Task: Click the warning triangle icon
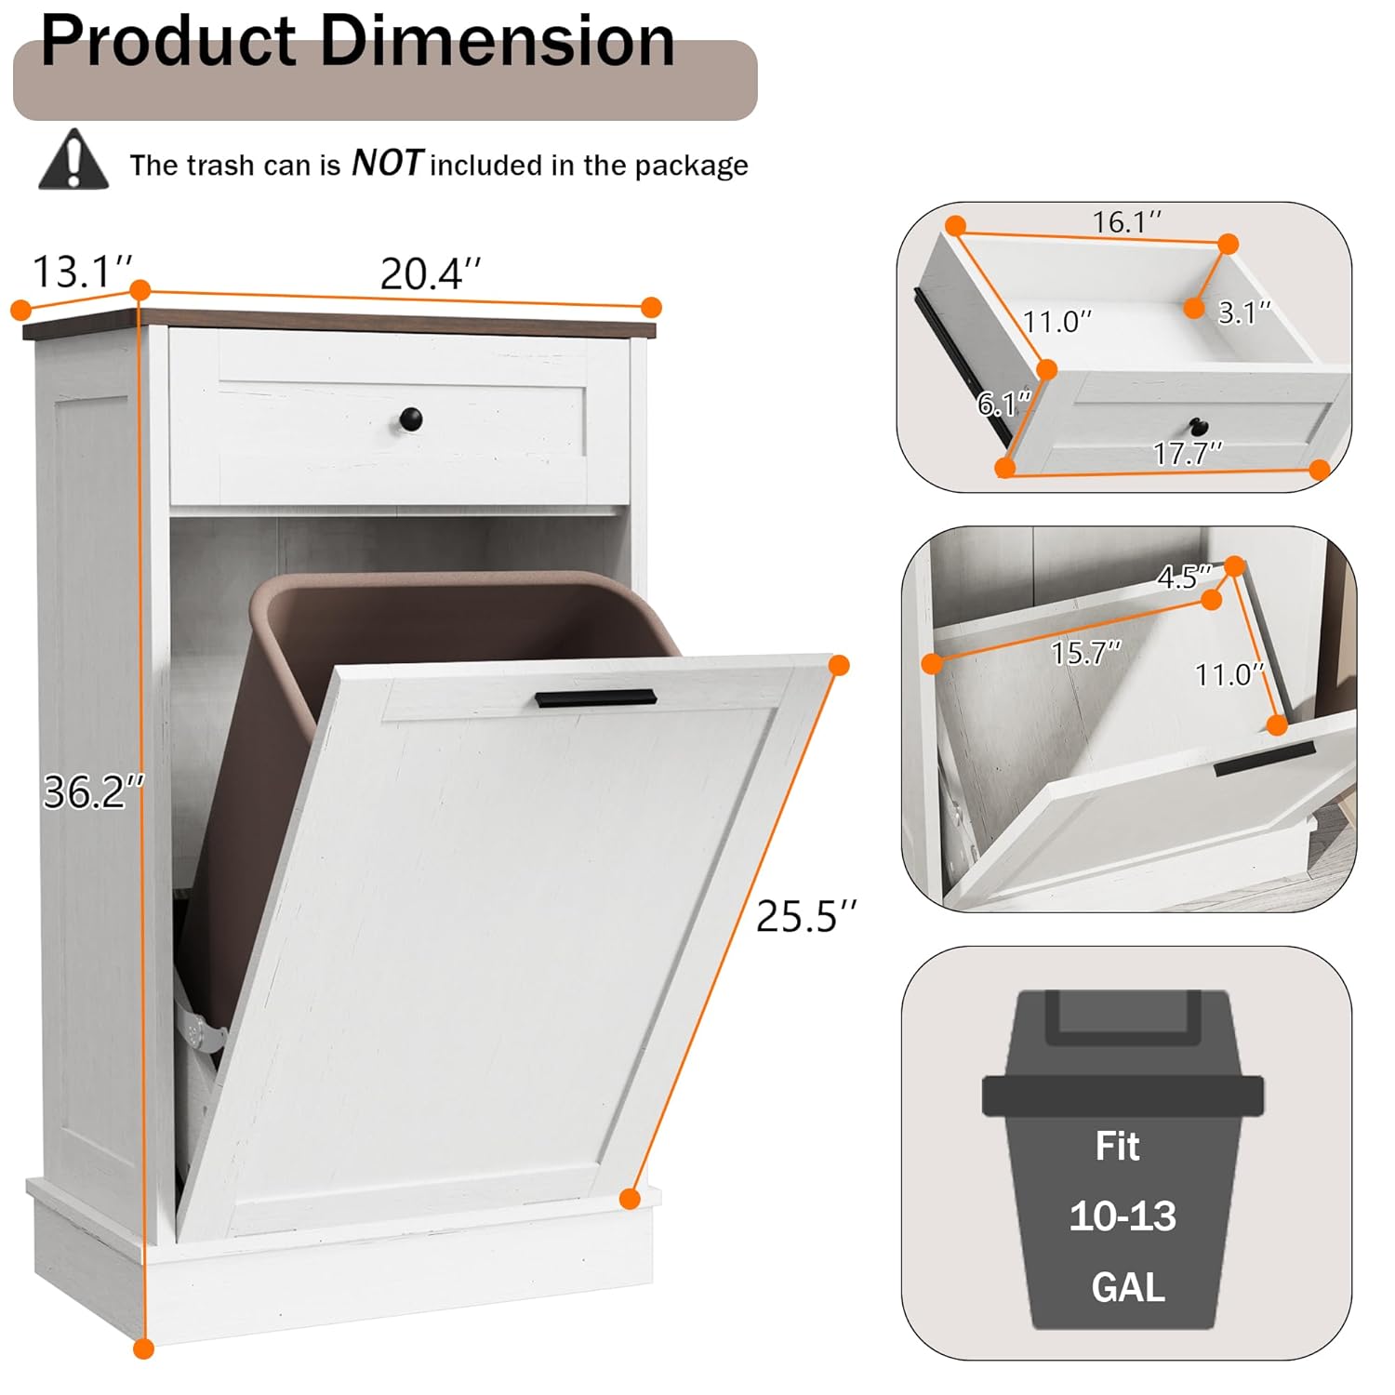(73, 161)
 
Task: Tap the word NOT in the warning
(387, 164)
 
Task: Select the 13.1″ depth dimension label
(82, 272)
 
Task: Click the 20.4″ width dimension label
(431, 274)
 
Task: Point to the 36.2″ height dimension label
(93, 792)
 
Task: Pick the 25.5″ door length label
(805, 916)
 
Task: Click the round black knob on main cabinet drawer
(410, 418)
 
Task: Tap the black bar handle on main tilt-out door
(595, 698)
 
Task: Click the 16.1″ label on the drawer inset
(1126, 222)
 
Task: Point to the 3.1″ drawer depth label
(1243, 313)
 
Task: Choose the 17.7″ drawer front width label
(1188, 453)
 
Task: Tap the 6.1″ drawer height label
(1004, 404)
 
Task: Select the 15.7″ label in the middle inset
(1085, 653)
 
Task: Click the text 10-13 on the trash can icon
(1123, 1216)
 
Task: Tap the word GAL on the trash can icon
(1127, 1288)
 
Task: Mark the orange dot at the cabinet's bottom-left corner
(143, 1348)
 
